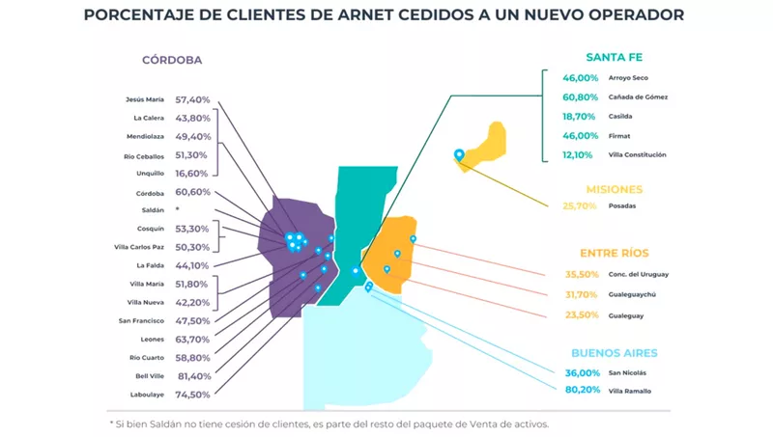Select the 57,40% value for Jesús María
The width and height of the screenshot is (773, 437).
click(192, 99)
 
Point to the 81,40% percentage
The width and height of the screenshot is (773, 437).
click(192, 376)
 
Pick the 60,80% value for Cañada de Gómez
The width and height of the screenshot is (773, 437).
click(580, 96)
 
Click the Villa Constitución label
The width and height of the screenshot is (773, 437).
click(638, 154)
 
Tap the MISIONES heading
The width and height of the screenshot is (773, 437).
click(615, 189)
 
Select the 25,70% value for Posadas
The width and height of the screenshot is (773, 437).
click(580, 206)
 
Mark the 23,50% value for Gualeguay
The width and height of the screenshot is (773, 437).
click(580, 315)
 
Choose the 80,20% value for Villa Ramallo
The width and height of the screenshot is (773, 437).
click(580, 391)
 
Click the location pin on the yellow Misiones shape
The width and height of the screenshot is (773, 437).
click(459, 154)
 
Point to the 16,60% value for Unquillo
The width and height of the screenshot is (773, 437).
click(192, 174)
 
